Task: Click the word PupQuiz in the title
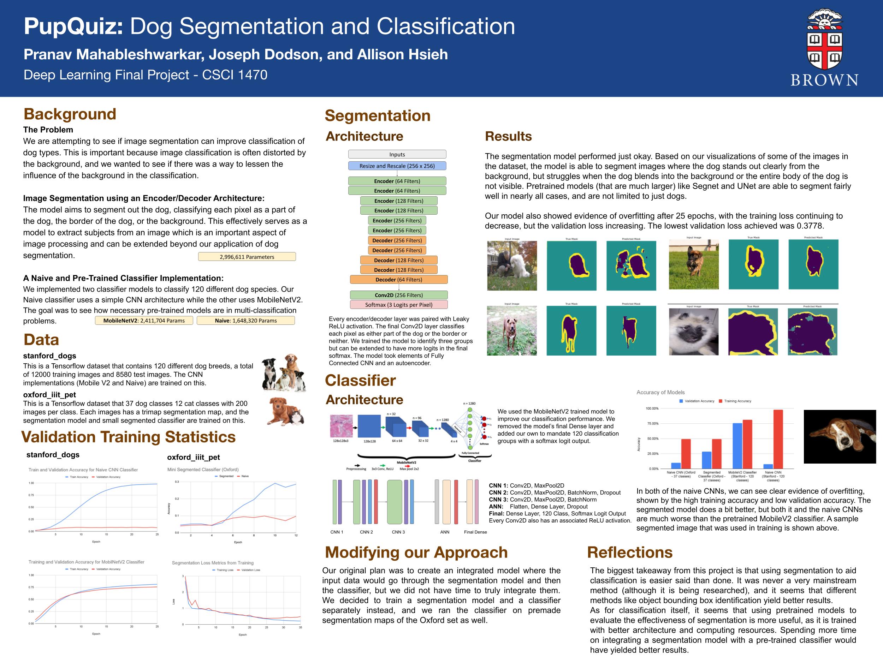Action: (73, 26)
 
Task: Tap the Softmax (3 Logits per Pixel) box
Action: (398, 305)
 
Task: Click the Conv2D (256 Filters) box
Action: (398, 295)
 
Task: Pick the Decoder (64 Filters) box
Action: (398, 280)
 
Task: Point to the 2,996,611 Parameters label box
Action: (247, 257)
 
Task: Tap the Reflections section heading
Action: (629, 552)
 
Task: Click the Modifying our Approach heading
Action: (416, 552)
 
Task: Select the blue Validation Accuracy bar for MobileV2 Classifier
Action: (737, 446)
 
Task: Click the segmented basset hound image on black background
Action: (840, 436)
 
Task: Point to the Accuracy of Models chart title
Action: (660, 392)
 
